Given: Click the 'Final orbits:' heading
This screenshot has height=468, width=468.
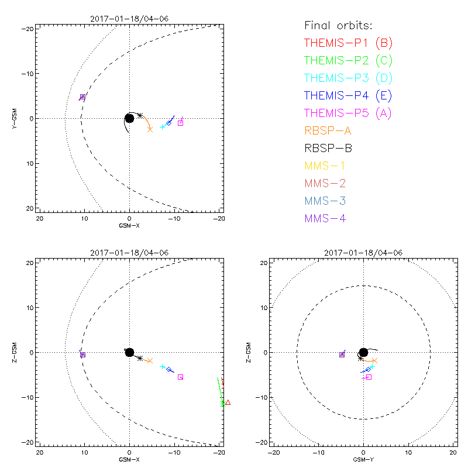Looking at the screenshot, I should (x=339, y=25).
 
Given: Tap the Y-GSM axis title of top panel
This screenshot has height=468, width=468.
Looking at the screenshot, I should (x=16, y=118).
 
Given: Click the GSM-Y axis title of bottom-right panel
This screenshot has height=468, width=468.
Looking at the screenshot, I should (x=363, y=460).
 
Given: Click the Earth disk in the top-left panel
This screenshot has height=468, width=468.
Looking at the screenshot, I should (x=129, y=118).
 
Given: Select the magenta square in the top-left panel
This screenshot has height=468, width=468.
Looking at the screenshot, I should (x=180, y=123).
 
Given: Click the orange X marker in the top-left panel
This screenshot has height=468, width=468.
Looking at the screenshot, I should (x=150, y=129).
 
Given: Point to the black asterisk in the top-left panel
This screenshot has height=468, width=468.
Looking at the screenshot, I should (x=140, y=115).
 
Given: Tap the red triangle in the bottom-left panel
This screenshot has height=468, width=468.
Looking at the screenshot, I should (x=228, y=402).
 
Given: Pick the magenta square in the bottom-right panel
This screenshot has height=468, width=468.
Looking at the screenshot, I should (x=369, y=377).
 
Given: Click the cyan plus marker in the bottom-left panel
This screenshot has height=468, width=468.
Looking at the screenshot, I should (x=163, y=366).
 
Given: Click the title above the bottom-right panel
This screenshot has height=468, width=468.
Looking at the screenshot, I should (x=363, y=253).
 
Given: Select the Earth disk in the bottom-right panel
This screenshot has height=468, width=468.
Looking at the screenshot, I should (x=363, y=352).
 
